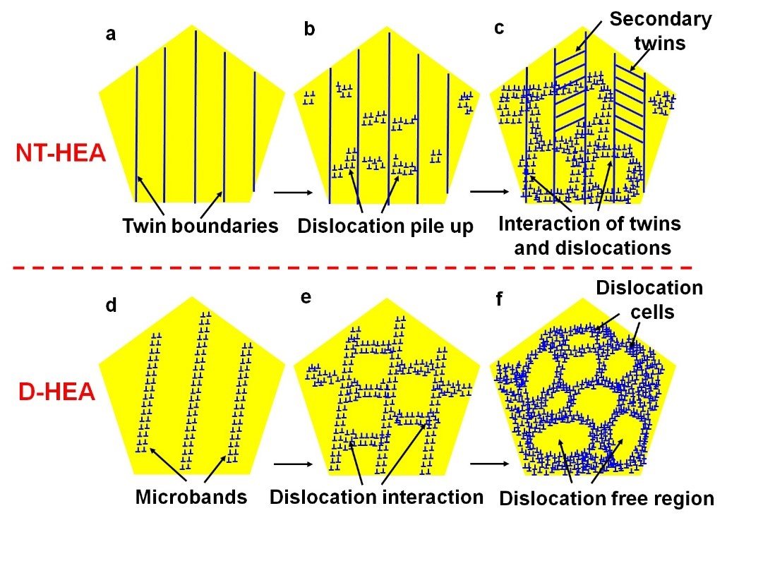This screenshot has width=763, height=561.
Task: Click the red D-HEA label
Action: pyautogui.click(x=56, y=392)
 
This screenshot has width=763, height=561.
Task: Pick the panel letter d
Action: pyautogui.click(x=110, y=306)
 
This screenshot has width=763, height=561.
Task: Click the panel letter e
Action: pyautogui.click(x=306, y=297)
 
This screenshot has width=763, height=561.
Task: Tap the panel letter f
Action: pyautogui.click(x=499, y=300)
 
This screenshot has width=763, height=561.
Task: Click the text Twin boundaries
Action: pyautogui.click(x=200, y=227)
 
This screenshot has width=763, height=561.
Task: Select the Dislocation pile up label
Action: pyautogui.click(x=385, y=227)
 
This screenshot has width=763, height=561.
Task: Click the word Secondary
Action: pyautogui.click(x=661, y=19)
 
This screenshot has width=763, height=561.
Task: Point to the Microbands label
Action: pyautogui.click(x=191, y=497)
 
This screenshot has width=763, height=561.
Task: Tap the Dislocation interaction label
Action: pyautogui.click(x=376, y=497)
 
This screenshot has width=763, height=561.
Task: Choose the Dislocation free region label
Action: pyautogui.click(x=606, y=498)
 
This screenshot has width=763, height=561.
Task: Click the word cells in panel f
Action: pyautogui.click(x=649, y=310)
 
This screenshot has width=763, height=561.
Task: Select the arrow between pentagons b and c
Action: pyautogui.click(x=488, y=191)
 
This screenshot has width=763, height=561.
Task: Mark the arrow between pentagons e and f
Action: pyautogui.click(x=488, y=464)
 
